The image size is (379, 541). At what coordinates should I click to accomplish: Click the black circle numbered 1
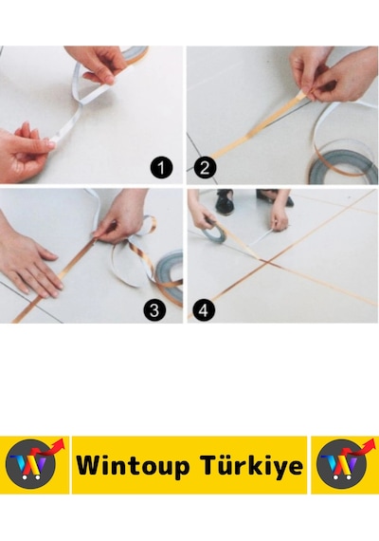pyautogui.click(x=161, y=168)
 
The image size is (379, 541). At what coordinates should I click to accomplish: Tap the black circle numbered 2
pyautogui.click(x=205, y=168)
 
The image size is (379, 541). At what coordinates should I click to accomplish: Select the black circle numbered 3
pyautogui.click(x=154, y=309)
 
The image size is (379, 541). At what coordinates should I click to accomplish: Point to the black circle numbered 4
pyautogui.click(x=204, y=309)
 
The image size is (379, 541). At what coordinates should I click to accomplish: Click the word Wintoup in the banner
pyautogui.click(x=133, y=465)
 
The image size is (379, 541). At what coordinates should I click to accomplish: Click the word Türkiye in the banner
pyautogui.click(x=252, y=465)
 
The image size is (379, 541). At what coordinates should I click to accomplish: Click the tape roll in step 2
pyautogui.click(x=343, y=165)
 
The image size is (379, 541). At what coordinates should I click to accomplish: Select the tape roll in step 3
pyautogui.click(x=170, y=276)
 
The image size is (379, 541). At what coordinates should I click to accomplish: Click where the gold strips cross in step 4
pyautogui.click(x=267, y=262)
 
